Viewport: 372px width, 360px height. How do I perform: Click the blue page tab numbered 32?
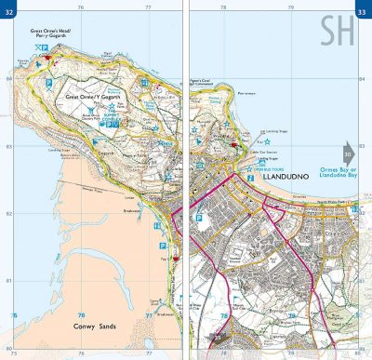pos(10,11)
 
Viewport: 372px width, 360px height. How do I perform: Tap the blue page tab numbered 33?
pos(362,11)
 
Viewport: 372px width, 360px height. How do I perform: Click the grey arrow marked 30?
pos(347,153)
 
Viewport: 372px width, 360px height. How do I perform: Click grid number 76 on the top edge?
pos(80,8)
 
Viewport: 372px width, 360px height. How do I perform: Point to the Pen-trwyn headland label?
pos(246,93)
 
